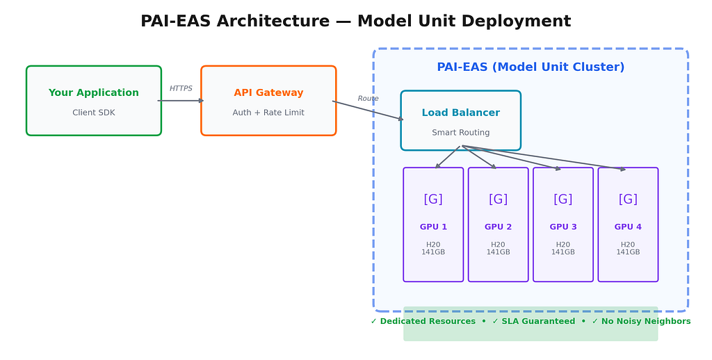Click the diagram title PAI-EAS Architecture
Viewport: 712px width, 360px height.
235,22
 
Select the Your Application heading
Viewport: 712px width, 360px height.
94,92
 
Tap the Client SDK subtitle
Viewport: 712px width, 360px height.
94,113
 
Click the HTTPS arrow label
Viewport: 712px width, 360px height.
181,88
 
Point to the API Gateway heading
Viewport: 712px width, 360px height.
268,92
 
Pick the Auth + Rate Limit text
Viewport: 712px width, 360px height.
268,113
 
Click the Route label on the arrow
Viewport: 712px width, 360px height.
368,99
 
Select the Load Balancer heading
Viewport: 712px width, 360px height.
460,113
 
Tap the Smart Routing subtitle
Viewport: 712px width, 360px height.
460,133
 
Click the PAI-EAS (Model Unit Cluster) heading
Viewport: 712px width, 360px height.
531,67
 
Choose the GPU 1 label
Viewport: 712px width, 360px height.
433,227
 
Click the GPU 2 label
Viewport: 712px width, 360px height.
498,227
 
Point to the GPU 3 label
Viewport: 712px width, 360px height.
563,227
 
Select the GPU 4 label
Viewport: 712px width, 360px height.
628,227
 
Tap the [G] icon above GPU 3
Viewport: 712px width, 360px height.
563,199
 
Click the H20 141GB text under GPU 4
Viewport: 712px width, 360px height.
628,248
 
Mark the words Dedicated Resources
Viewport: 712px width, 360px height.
428,321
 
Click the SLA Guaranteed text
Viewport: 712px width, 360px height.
538,321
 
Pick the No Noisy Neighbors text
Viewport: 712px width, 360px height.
646,321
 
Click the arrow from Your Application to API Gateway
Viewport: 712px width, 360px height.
181,101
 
